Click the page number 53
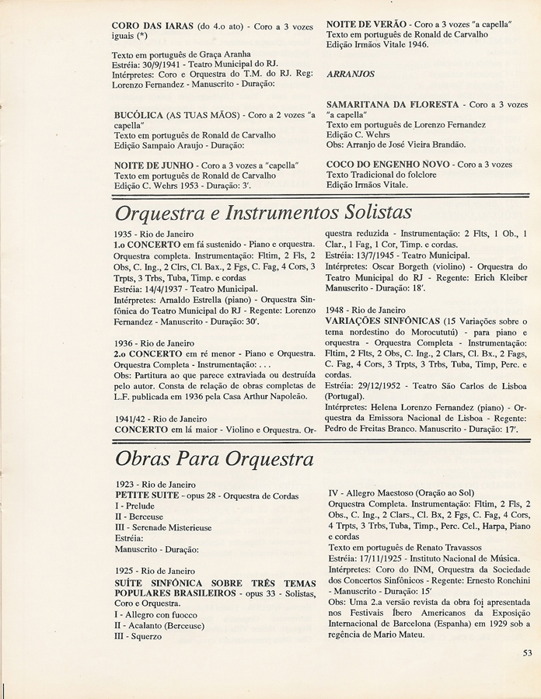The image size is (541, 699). click(528, 652)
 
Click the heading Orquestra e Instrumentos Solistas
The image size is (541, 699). click(263, 212)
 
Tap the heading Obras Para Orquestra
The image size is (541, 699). click(215, 459)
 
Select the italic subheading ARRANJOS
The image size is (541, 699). click(351, 74)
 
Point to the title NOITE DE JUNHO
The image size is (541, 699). click(152, 165)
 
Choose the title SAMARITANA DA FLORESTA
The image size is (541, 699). click(395, 104)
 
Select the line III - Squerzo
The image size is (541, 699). click(138, 636)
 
